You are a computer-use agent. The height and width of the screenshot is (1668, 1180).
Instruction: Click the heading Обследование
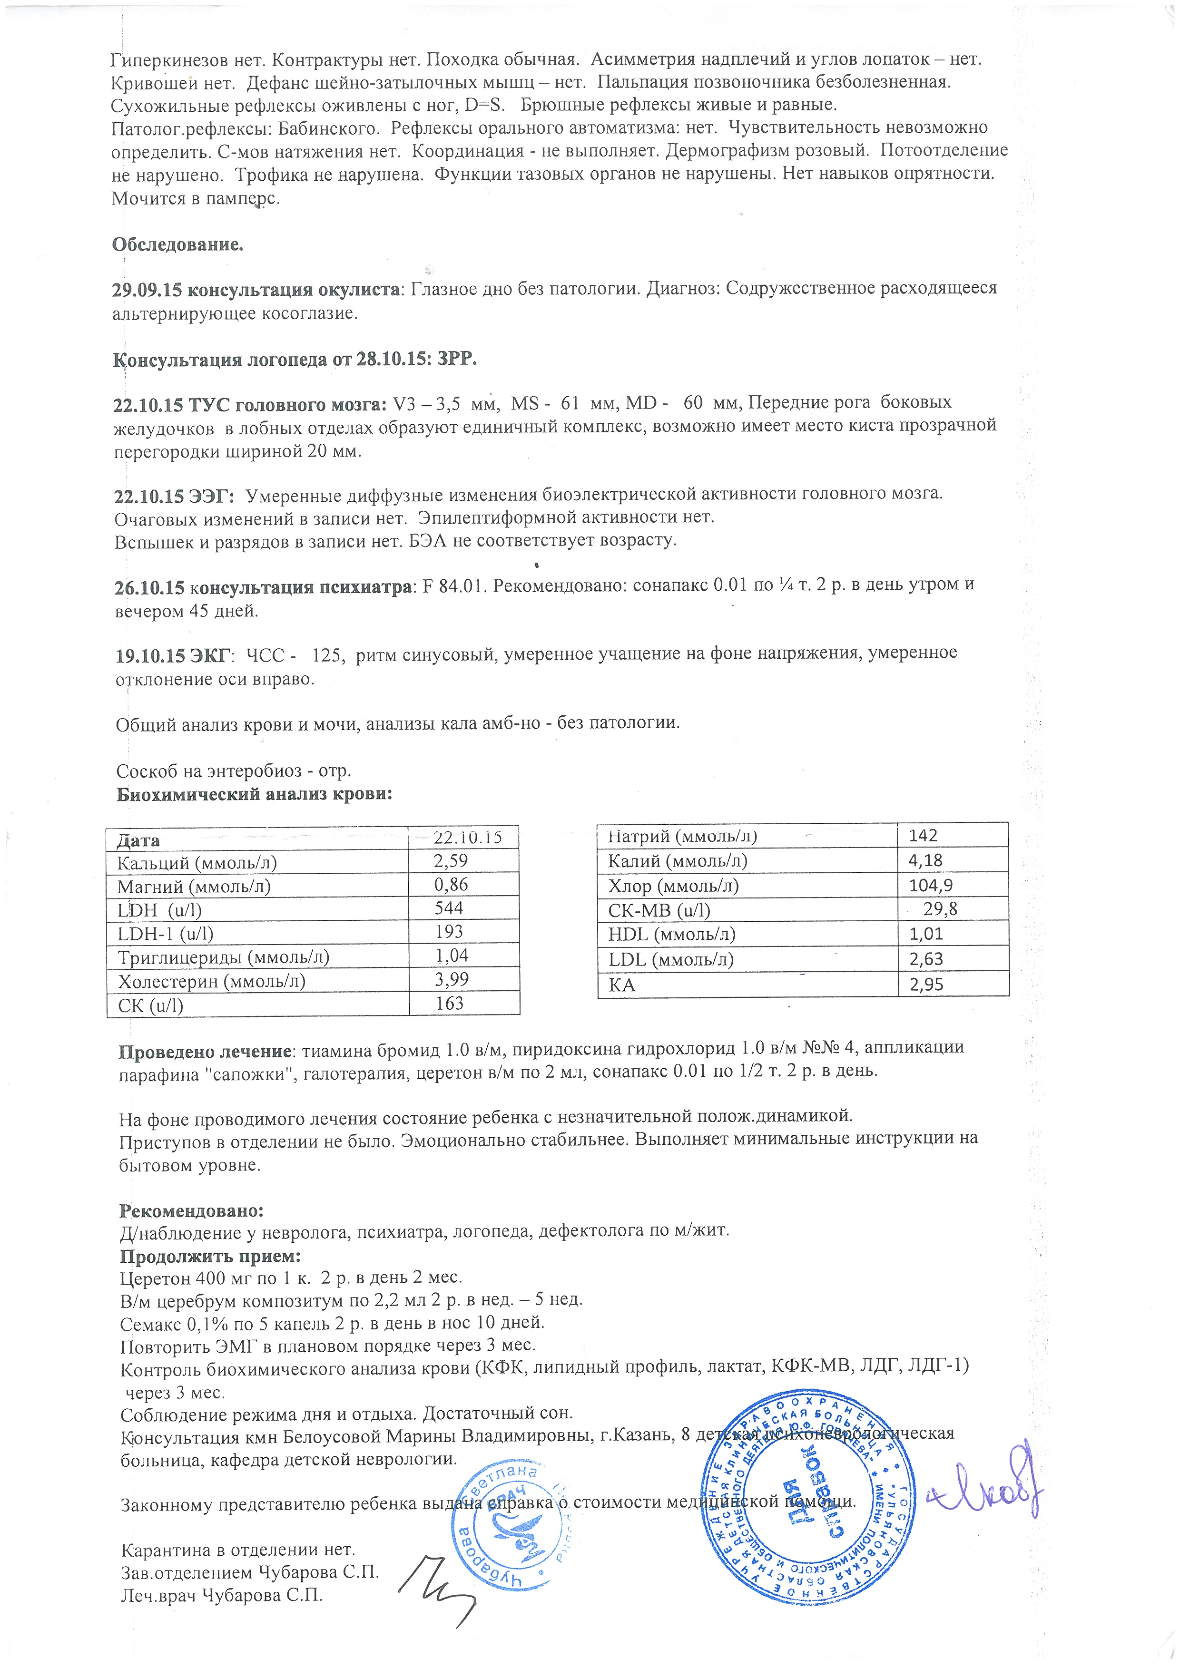pyautogui.click(x=177, y=245)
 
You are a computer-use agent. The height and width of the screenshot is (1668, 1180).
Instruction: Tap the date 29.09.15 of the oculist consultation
pyautogui.click(x=147, y=289)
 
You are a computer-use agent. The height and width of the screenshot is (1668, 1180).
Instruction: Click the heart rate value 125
pyautogui.click(x=327, y=653)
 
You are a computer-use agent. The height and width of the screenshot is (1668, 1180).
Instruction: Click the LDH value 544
pyautogui.click(x=448, y=908)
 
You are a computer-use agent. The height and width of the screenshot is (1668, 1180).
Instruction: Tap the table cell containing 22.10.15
pyautogui.click(x=467, y=838)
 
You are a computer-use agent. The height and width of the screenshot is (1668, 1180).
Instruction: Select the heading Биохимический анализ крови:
pyautogui.click(x=254, y=794)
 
